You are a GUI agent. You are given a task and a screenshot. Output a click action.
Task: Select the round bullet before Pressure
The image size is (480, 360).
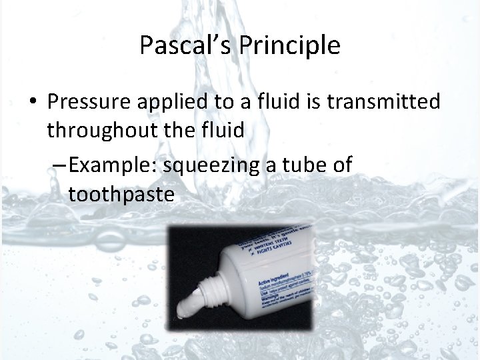click(x=32, y=101)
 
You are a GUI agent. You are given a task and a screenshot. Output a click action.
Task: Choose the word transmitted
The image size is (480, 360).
click(x=385, y=102)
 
